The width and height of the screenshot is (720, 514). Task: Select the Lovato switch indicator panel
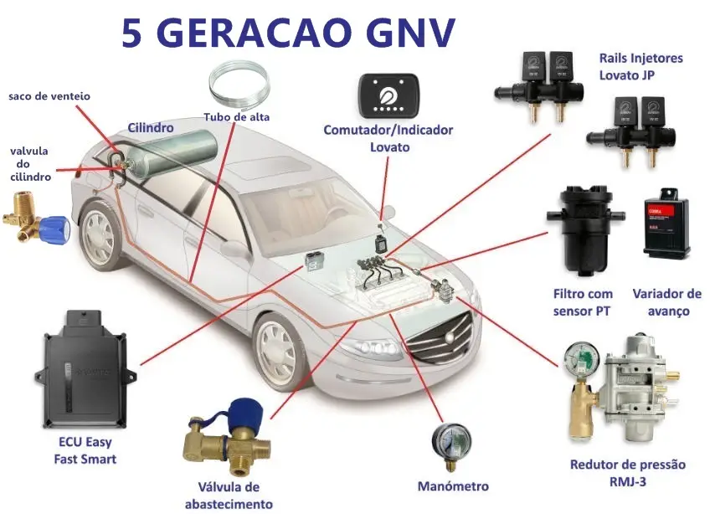click(389, 95)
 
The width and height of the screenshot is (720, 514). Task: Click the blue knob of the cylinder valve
click(54, 229)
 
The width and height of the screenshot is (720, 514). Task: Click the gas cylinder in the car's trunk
click(171, 151)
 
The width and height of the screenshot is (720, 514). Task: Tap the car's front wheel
click(280, 351)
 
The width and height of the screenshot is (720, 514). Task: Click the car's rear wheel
click(100, 236)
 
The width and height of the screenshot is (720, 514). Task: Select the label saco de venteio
click(49, 96)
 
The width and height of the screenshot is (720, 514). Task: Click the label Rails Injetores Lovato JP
click(640, 67)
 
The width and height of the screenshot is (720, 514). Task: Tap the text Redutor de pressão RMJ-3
click(628, 473)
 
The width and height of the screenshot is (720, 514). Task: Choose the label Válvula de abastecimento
click(229, 496)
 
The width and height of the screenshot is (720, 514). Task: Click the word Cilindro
click(151, 127)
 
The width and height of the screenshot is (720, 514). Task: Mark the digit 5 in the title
click(131, 33)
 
